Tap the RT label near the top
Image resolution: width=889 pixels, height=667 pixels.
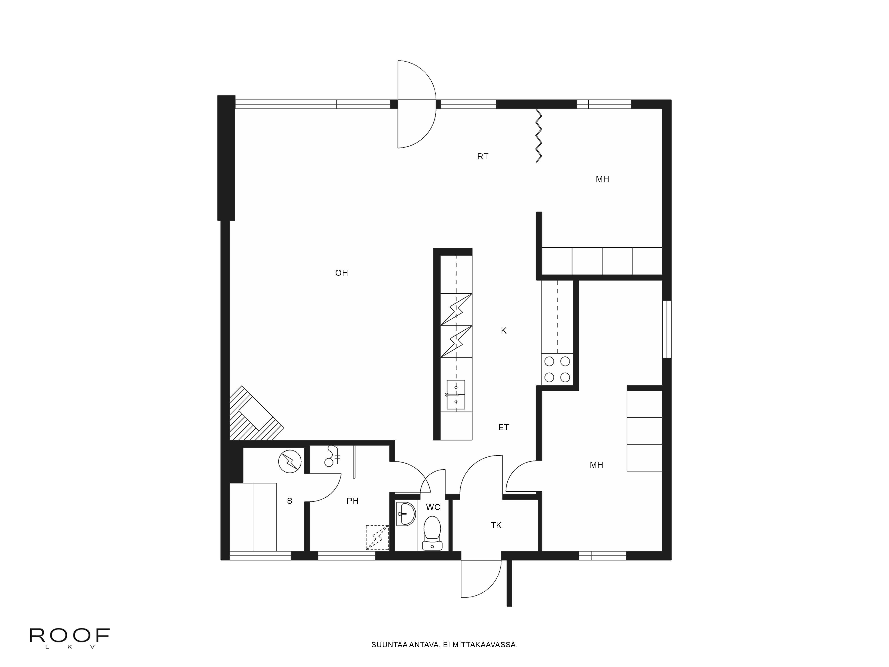pyautogui.click(x=483, y=157)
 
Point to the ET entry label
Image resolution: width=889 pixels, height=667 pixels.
pyautogui.click(x=504, y=427)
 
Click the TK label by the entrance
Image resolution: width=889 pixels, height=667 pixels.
pyautogui.click(x=496, y=525)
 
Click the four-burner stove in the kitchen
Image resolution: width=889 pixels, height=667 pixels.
pyautogui.click(x=557, y=369)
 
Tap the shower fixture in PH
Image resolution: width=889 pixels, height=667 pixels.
pyautogui.click(x=332, y=456)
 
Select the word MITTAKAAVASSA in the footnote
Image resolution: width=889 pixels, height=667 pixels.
pyautogui.click(x=485, y=656)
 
